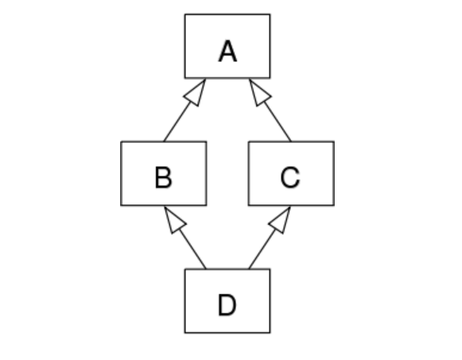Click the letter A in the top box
(x=227, y=51)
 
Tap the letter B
(x=163, y=177)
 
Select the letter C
(x=290, y=177)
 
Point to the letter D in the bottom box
(x=227, y=305)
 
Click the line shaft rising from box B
(x=177, y=122)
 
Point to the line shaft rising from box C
(x=278, y=122)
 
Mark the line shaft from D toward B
(x=192, y=249)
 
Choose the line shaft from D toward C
(x=262, y=249)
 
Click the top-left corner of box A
(x=185, y=14)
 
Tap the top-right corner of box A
(x=270, y=14)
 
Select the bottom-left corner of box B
(x=121, y=205)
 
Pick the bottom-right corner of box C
(x=334, y=205)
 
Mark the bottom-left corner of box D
(x=185, y=333)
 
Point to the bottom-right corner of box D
(x=270, y=333)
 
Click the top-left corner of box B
(x=121, y=142)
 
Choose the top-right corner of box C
(x=334, y=142)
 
